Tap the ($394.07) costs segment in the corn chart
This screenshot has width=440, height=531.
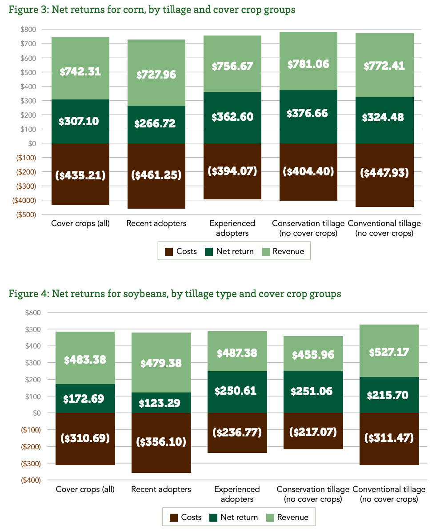point(232,171)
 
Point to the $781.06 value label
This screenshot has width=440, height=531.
point(308,64)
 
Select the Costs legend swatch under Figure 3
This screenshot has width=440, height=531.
point(169,252)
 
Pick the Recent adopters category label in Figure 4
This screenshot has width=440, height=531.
point(161,489)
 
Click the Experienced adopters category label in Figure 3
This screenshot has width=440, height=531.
point(232,228)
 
